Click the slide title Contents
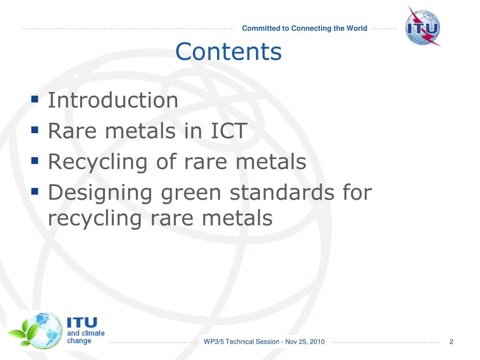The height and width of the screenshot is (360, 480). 229,52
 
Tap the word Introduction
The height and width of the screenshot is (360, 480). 113,101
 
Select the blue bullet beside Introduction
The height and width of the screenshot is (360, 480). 34,99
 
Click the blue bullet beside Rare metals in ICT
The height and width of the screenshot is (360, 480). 34,129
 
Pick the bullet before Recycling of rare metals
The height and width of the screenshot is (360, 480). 34,160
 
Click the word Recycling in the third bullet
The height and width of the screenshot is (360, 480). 95,163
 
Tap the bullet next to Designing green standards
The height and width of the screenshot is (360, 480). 34,191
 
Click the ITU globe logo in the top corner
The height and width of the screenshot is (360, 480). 422,26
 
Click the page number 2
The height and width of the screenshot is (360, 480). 451,342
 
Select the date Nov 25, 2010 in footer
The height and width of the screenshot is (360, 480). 305,342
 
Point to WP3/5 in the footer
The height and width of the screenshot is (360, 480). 214,342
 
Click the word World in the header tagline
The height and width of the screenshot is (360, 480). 357,28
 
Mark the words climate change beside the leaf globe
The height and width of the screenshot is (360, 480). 85,337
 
